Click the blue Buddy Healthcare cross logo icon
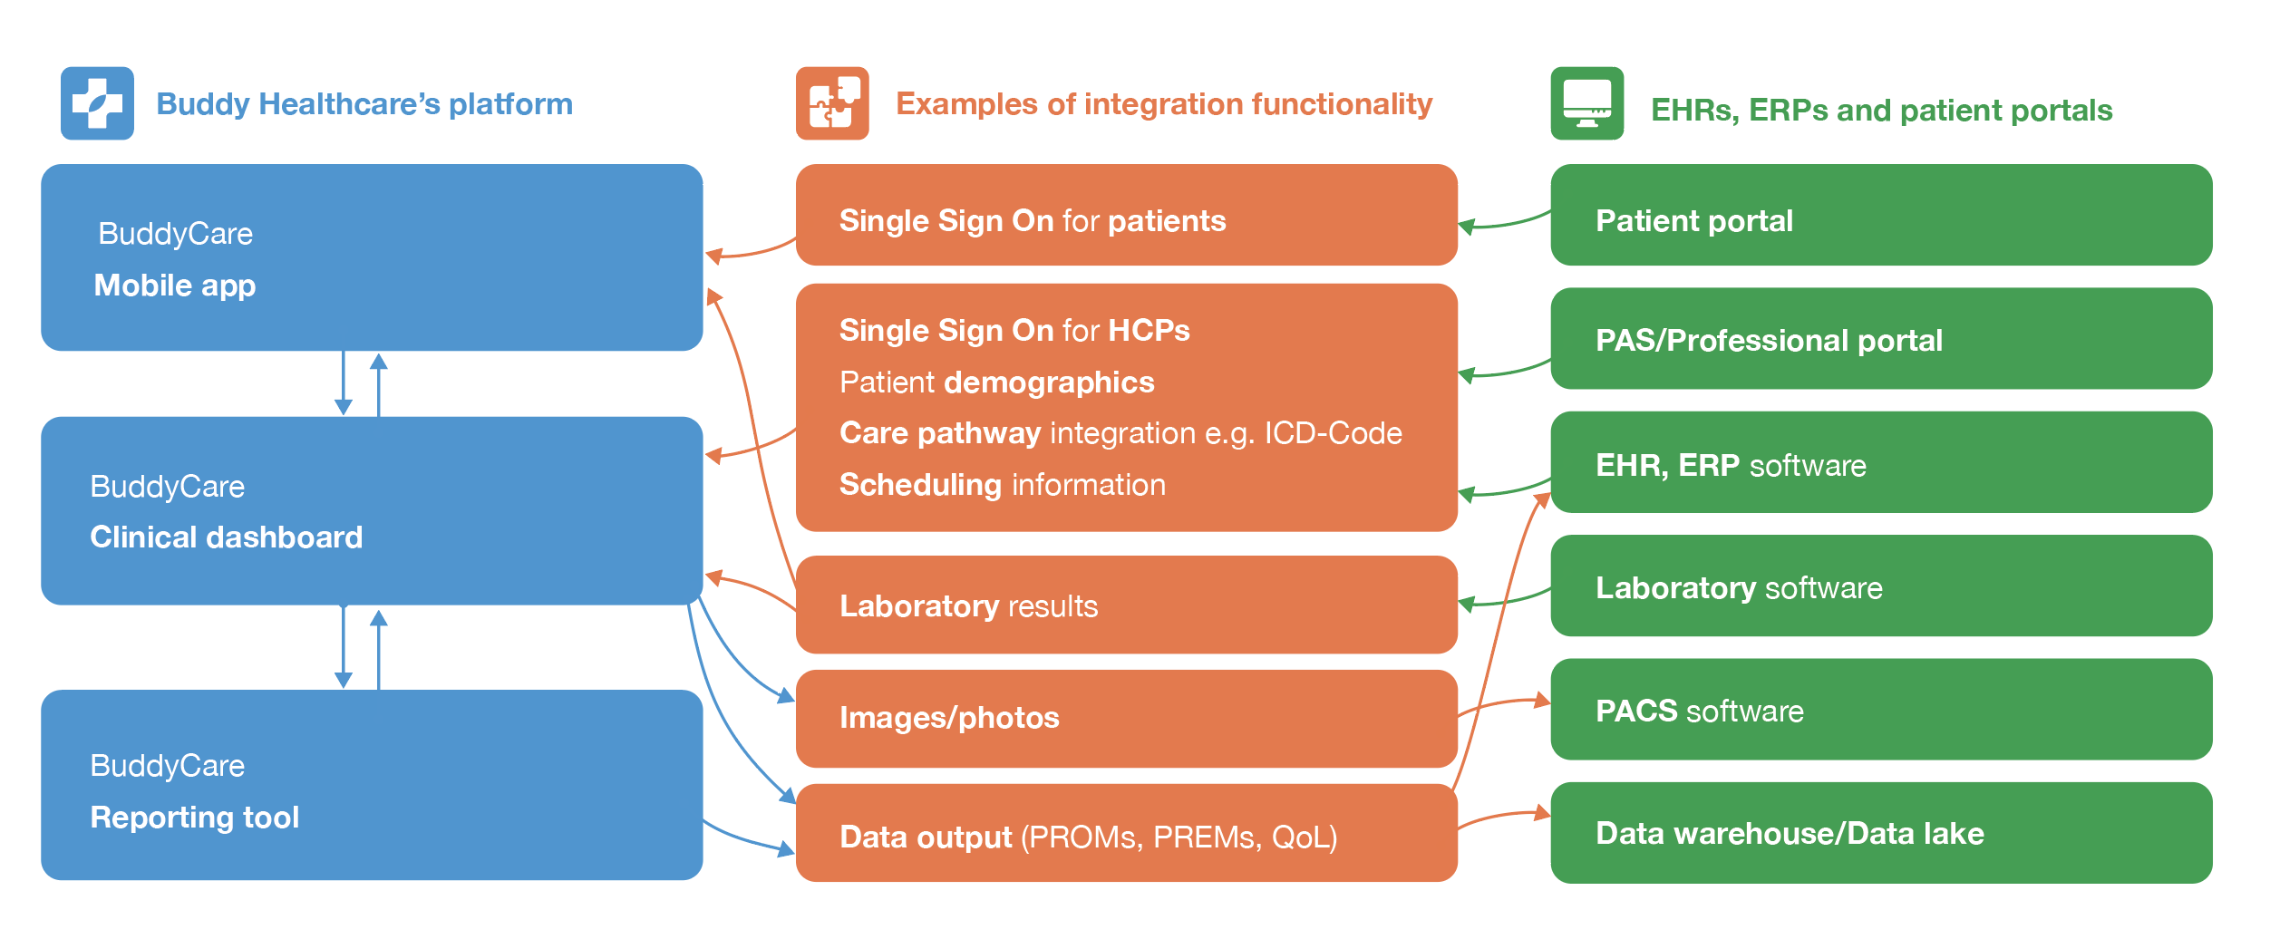(x=97, y=103)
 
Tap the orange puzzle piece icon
(x=831, y=103)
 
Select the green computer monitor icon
(x=1586, y=103)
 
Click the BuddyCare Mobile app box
(x=372, y=257)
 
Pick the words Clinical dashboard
(x=226, y=537)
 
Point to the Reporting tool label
(x=194, y=818)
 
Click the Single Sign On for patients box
(x=1125, y=216)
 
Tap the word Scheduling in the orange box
(x=920, y=485)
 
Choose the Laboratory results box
(x=1125, y=605)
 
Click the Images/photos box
(x=1125, y=718)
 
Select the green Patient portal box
(x=1880, y=216)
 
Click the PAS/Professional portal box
(x=1880, y=339)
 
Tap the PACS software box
(x=1880, y=710)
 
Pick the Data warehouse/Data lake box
(x=1880, y=833)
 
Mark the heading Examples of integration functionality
(x=1163, y=104)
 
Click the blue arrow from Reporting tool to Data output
(x=748, y=842)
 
